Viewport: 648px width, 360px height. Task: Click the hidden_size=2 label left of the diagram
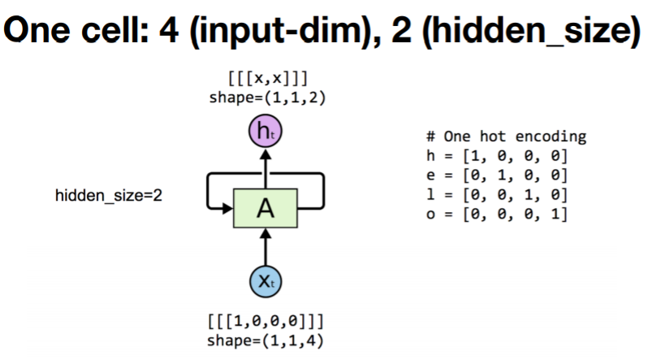108,196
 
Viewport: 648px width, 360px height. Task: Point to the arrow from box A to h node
265,169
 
